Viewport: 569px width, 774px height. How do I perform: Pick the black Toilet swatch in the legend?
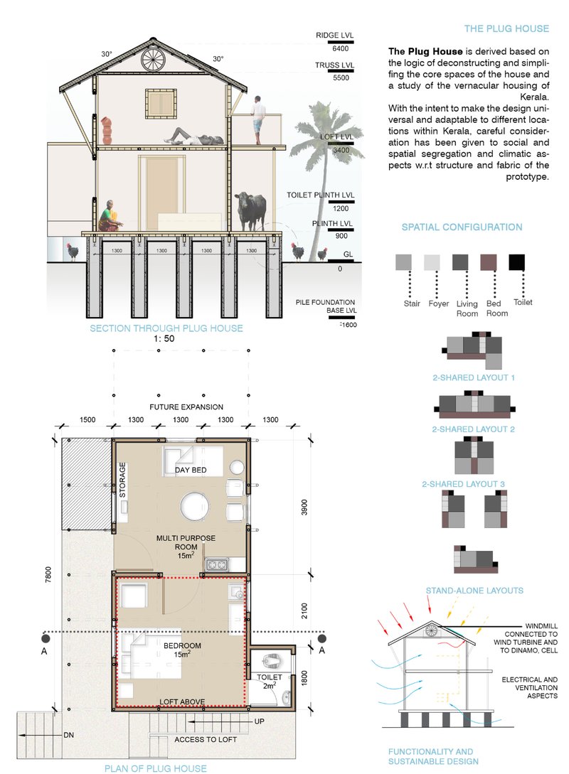click(x=516, y=262)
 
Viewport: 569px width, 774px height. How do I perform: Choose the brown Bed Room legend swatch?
click(x=489, y=262)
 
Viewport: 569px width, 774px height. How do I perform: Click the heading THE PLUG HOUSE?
click(x=506, y=29)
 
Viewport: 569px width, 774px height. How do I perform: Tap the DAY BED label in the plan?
click(x=191, y=471)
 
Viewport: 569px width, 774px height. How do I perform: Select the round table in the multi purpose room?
click(x=194, y=507)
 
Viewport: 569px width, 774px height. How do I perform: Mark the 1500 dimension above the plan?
click(x=87, y=420)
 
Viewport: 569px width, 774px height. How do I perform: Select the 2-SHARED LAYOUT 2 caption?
click(x=473, y=429)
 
